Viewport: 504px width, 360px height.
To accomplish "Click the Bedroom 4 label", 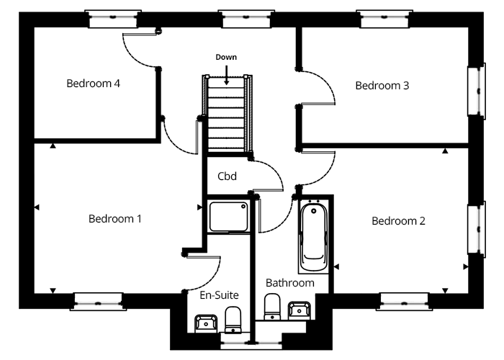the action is [93, 84].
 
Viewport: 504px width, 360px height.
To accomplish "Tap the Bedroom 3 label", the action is [382, 86].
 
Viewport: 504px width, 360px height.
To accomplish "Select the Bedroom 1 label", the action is [115, 219].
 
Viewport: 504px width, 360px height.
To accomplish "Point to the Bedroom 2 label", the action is [399, 221].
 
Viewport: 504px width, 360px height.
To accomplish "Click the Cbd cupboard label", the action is [228, 176].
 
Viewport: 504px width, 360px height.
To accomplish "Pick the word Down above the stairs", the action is [226, 57].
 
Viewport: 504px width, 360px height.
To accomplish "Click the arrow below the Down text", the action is [227, 75].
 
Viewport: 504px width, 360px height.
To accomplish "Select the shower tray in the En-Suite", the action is [228, 217].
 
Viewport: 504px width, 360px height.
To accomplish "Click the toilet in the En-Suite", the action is [233, 320].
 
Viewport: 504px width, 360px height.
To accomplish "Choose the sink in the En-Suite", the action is [206, 323].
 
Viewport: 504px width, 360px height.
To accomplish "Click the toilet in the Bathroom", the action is [272, 307].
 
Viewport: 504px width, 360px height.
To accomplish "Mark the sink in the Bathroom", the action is [300, 310].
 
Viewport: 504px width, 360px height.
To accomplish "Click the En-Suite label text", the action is [219, 295].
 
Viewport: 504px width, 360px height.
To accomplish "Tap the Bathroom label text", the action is [290, 283].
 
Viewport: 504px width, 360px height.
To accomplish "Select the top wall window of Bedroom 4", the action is [113, 19].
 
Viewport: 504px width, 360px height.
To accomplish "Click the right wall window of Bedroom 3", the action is [477, 91].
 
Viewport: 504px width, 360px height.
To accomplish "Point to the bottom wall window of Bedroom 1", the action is [99, 302].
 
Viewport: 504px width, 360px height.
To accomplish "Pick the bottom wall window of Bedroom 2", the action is [405, 302].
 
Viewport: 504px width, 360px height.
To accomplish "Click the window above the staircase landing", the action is [246, 19].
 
